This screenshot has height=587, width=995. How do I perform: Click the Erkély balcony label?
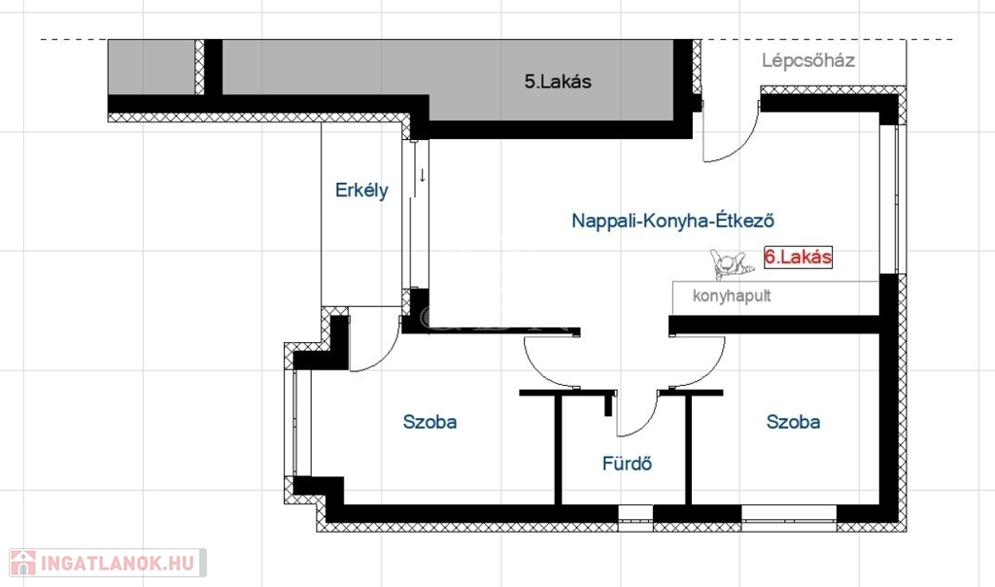click(361, 190)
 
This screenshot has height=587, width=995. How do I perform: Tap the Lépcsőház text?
click(808, 61)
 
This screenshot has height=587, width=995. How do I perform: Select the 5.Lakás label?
click(558, 82)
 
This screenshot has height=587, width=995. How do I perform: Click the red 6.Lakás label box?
click(798, 257)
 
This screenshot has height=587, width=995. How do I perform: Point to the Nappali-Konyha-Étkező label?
click(672, 221)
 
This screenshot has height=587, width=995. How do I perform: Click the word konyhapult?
click(732, 295)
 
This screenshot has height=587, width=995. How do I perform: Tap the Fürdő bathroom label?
click(627, 464)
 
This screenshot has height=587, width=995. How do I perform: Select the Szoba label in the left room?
click(429, 422)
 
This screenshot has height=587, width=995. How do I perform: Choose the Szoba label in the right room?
click(793, 422)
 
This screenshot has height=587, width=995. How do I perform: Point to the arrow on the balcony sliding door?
click(422, 175)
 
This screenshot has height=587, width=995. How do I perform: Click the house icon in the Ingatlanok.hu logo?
click(23, 563)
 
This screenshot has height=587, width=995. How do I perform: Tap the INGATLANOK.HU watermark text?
click(118, 564)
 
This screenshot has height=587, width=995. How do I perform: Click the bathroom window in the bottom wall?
click(635, 517)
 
